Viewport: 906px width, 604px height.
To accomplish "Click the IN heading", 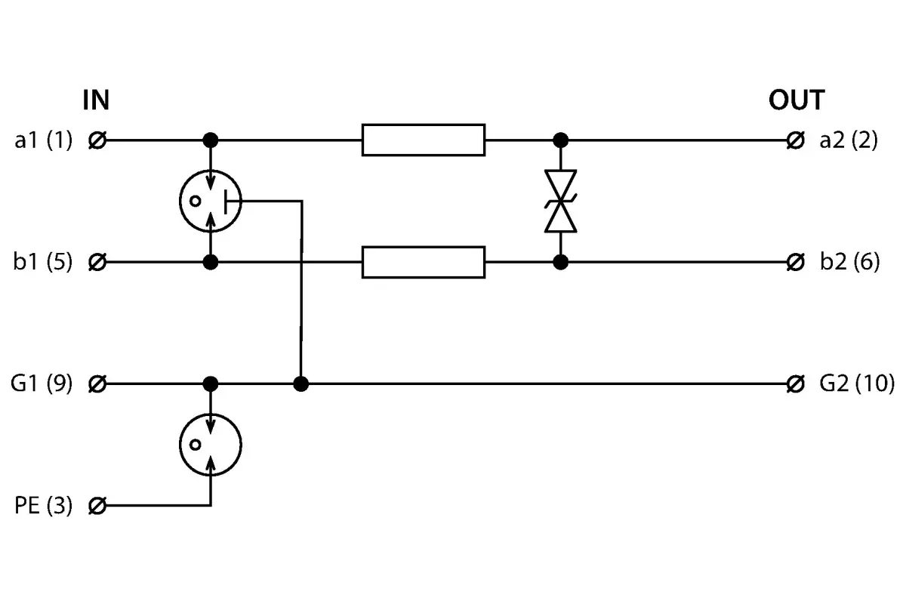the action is click(x=96, y=100).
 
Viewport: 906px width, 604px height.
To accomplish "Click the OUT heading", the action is click(x=797, y=100).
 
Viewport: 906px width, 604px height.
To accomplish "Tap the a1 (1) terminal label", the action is click(x=44, y=140).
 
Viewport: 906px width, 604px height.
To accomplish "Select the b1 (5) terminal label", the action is click(x=43, y=262).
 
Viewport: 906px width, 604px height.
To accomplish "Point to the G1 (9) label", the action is click(x=42, y=384).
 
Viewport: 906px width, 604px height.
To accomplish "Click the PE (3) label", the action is click(x=44, y=505).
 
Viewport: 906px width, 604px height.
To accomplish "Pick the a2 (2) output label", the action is click(x=849, y=140).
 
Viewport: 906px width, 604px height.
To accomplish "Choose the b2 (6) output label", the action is click(x=850, y=262).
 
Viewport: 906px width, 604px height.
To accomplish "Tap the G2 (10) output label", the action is click(x=857, y=384).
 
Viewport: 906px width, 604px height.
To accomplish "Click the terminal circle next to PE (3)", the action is click(x=97, y=506).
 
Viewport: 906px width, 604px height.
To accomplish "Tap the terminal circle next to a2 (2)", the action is click(x=795, y=140).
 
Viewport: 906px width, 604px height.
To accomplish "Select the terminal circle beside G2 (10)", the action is click(x=795, y=384).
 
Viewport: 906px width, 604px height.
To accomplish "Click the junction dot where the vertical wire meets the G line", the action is click(x=301, y=384).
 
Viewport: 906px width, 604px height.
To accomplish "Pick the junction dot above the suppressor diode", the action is click(x=560, y=140).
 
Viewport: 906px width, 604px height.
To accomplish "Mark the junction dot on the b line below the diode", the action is click(x=560, y=262).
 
